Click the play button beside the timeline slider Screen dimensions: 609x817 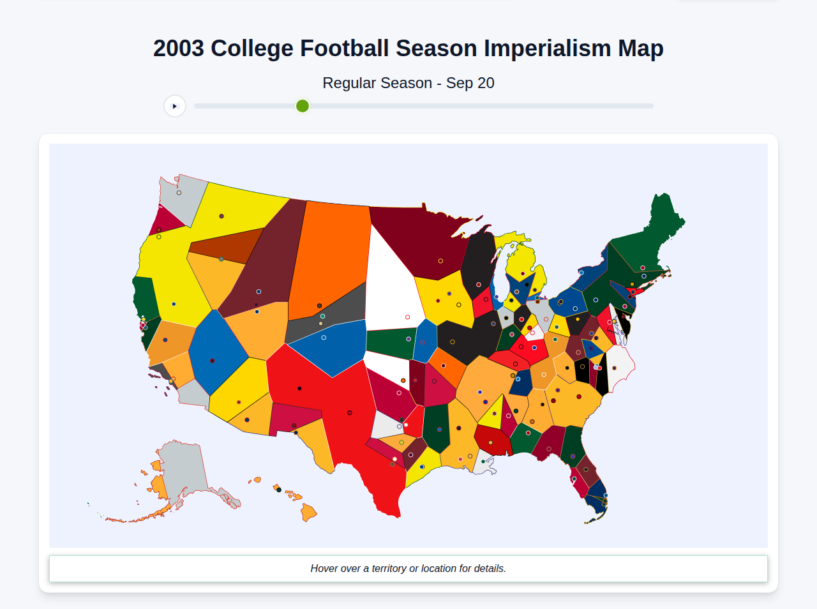click(x=175, y=106)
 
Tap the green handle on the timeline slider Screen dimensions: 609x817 click(x=303, y=106)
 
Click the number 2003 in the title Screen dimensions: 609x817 click(x=179, y=49)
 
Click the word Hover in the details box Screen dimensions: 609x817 click(x=324, y=568)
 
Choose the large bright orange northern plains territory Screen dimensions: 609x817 click(x=329, y=255)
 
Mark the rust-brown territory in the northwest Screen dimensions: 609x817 click(x=223, y=246)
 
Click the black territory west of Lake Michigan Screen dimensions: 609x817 click(x=477, y=262)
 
